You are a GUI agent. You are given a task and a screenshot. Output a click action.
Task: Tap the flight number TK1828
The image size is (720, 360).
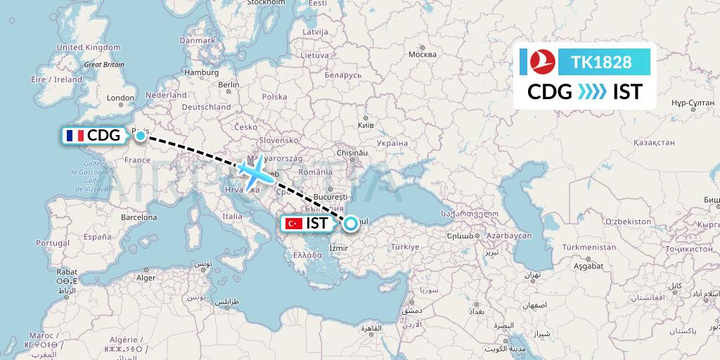point(601,62)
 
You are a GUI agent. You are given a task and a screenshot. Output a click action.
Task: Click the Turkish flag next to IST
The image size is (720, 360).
point(293,224)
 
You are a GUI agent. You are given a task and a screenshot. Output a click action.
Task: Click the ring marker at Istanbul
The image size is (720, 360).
point(350,224)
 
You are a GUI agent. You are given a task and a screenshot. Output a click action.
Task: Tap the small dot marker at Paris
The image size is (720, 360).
point(141,134)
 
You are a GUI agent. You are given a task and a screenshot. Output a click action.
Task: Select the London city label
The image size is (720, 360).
point(120,98)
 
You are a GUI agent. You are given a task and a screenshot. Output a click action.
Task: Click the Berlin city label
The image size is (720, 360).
point(229,84)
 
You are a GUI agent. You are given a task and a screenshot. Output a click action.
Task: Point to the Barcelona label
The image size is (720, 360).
point(139,217)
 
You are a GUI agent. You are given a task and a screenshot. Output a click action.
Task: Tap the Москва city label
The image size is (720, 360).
point(423,55)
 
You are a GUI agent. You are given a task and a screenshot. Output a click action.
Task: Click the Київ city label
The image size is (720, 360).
point(366,125)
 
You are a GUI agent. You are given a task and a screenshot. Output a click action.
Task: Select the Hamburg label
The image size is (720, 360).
point(202,72)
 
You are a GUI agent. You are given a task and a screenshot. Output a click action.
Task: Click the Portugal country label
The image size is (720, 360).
point(53,243)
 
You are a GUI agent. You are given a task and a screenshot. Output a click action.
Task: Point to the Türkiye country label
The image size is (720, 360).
point(405,247)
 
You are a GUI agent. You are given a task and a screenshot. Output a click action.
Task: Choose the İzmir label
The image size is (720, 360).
point(338,248)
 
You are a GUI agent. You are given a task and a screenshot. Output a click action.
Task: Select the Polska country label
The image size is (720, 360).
point(274,97)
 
